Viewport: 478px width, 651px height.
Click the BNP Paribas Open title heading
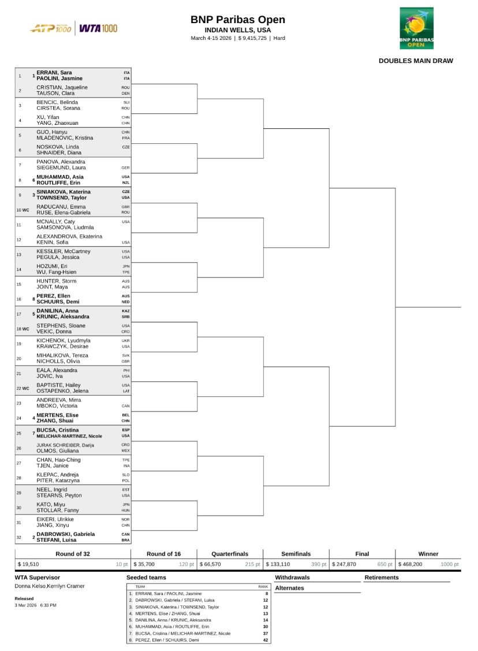pyautogui.click(x=238, y=20)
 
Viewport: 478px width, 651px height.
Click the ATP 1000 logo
pyautogui.click(x=51, y=28)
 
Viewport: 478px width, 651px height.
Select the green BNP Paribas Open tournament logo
pyautogui.click(x=416, y=28)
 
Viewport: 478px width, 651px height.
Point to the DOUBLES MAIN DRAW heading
pyautogui.click(x=416, y=61)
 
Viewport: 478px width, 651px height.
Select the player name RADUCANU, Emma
pyautogui.click(x=61, y=206)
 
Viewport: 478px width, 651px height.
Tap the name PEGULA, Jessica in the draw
pyautogui.click(x=59, y=257)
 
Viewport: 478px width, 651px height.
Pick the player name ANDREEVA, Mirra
pyautogui.click(x=59, y=400)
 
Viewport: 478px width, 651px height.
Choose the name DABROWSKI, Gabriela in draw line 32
pyautogui.click(x=66, y=534)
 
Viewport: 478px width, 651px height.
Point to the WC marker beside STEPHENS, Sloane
pyautogui.click(x=25, y=329)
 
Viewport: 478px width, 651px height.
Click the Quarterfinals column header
pyautogui.click(x=230, y=554)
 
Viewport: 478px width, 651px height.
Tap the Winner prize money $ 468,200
pyautogui.click(x=410, y=564)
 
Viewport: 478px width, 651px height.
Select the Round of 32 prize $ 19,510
pyautogui.click(x=29, y=564)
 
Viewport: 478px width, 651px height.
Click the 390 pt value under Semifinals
pyautogui.click(x=319, y=564)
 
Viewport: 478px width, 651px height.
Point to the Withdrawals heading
pyautogui.click(x=292, y=578)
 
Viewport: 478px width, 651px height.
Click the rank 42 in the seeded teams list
pyautogui.click(x=266, y=640)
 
